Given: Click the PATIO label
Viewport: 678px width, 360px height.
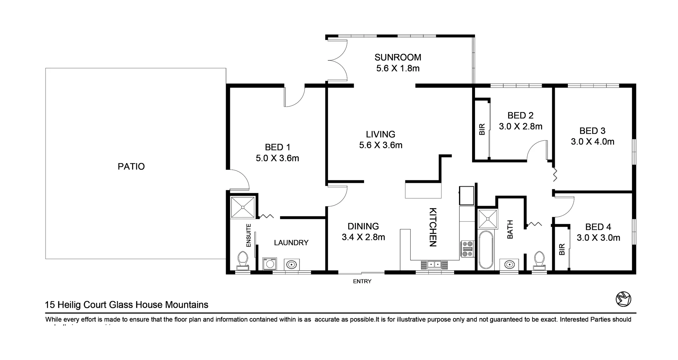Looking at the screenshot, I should [131, 167].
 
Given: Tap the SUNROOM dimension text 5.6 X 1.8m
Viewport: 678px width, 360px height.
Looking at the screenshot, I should [398, 68].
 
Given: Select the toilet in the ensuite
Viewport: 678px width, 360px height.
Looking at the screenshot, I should [243, 259].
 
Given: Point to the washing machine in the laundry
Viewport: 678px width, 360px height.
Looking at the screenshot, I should [270, 264].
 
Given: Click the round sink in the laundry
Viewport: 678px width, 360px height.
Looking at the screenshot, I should [292, 264].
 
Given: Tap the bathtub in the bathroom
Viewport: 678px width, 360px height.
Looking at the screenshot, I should [486, 250].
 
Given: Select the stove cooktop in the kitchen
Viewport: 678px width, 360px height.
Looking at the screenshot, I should [468, 249].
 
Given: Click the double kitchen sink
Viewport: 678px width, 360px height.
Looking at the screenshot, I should [434, 264].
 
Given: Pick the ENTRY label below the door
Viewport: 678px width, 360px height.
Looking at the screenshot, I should [362, 281].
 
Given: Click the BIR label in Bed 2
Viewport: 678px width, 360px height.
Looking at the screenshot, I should [482, 130].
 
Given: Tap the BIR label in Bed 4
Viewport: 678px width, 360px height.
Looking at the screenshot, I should [562, 250].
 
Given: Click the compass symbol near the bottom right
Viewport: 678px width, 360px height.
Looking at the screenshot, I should [623, 299].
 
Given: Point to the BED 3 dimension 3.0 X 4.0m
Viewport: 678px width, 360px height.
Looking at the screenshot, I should [592, 142].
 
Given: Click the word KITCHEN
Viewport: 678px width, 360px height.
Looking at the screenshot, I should [433, 227].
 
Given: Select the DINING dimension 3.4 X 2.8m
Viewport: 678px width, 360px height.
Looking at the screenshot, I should [363, 237].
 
